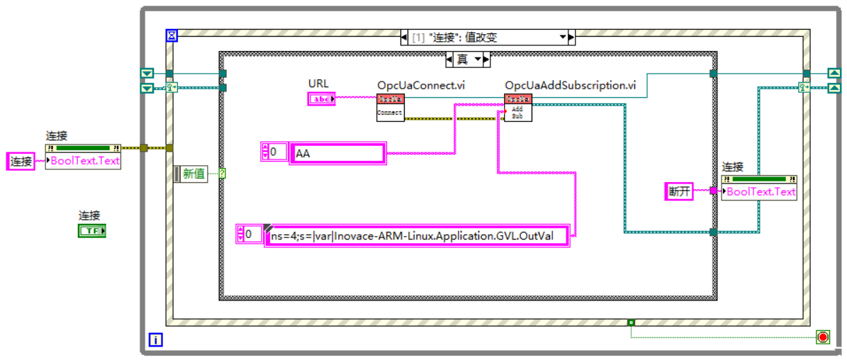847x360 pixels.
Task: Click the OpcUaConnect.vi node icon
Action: coord(390,106)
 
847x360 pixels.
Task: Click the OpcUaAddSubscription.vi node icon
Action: coord(517,106)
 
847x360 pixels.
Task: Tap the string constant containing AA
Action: coord(337,153)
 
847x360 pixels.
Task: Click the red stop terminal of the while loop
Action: coord(822,337)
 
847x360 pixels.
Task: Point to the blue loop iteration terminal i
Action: coord(155,340)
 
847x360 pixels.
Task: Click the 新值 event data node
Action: coord(194,173)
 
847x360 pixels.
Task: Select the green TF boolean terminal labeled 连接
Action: coord(91,231)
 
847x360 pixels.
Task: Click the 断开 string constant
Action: coord(678,191)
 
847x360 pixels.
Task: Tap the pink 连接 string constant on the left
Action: coord(21,161)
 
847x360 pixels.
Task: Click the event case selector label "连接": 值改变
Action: coord(486,37)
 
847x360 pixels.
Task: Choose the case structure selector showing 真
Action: coord(467,59)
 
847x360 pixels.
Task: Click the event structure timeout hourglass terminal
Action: coord(172,35)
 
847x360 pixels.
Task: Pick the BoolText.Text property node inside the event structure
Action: coord(759,191)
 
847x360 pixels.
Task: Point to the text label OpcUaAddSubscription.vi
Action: coord(570,85)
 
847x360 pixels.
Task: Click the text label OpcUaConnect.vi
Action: coord(421,85)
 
